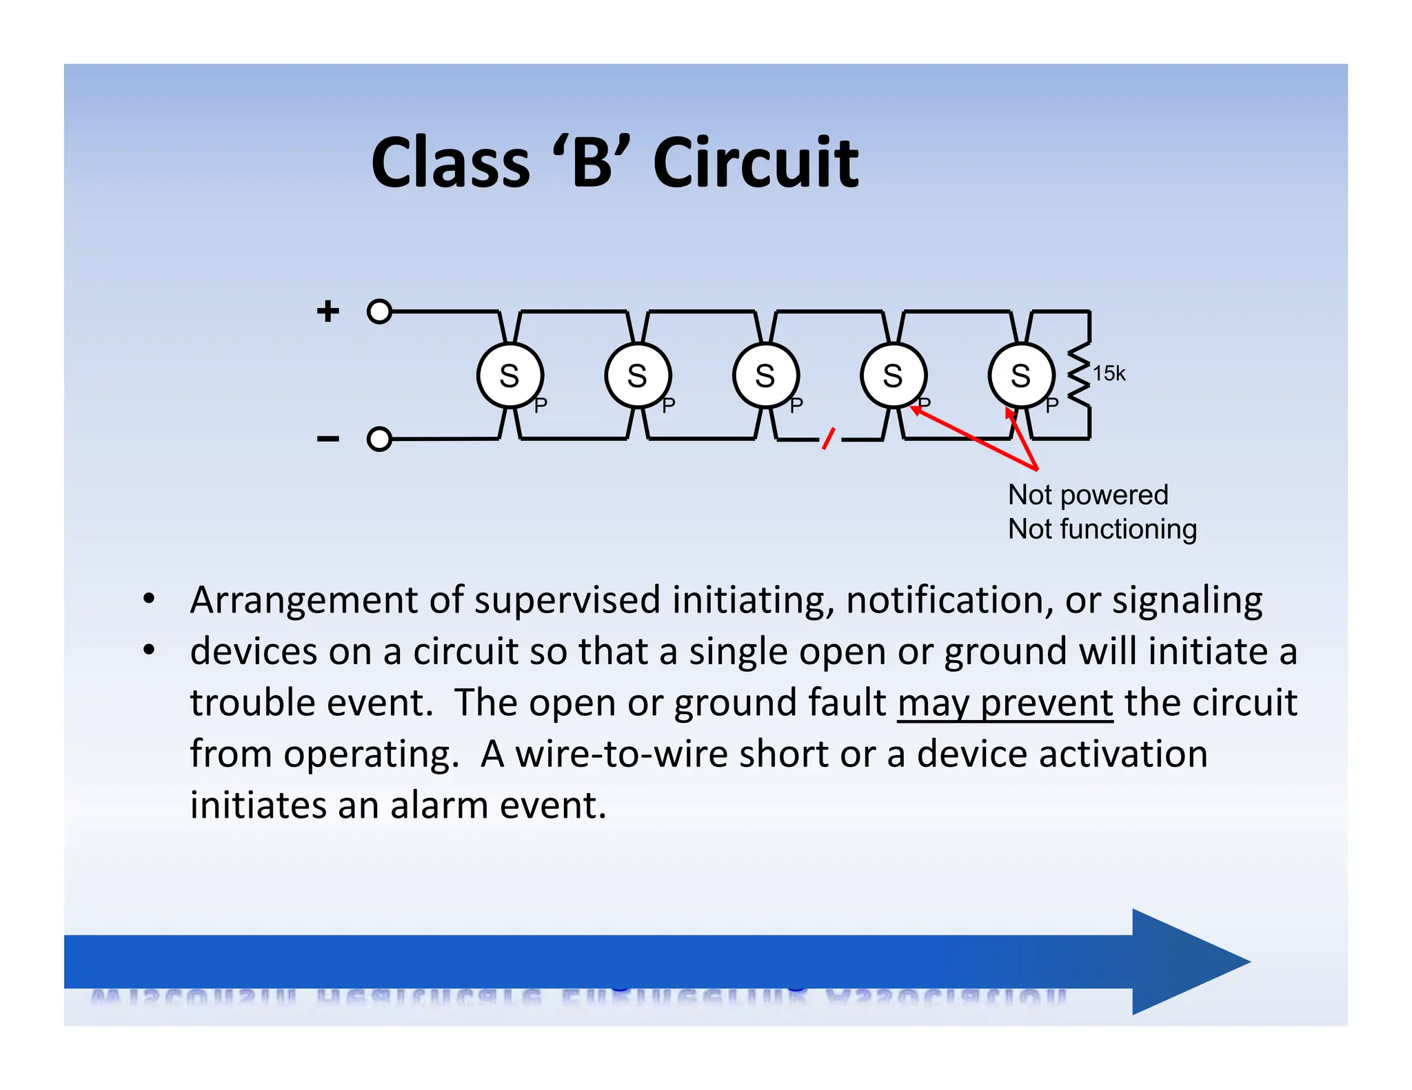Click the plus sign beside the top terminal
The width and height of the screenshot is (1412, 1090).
point(328,311)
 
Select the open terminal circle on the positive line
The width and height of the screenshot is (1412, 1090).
point(379,311)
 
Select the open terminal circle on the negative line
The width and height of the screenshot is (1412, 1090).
point(379,439)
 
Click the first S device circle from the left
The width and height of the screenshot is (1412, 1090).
point(510,376)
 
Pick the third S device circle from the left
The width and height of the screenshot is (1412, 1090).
point(765,376)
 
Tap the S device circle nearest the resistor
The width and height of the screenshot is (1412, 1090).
point(1021,376)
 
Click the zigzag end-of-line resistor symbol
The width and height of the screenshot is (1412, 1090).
point(1080,376)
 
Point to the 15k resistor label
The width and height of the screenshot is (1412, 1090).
point(1109,373)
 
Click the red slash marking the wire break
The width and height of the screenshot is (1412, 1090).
point(829,438)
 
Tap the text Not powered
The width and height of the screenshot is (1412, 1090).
point(1088,495)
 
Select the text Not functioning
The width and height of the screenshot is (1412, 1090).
point(1102,529)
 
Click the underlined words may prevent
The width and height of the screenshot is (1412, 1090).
point(1005,703)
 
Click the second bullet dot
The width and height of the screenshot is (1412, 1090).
point(148,650)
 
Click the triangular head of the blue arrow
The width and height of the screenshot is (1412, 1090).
point(1186,961)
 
